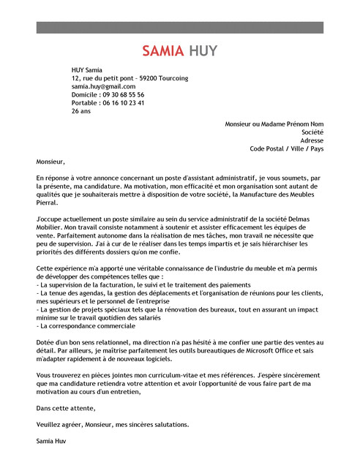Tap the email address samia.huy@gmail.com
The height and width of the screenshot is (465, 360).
(x=103, y=86)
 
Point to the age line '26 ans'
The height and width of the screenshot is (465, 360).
(x=81, y=112)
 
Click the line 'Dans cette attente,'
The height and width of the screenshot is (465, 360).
(x=66, y=408)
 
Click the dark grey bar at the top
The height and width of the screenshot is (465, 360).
(x=179, y=27)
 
